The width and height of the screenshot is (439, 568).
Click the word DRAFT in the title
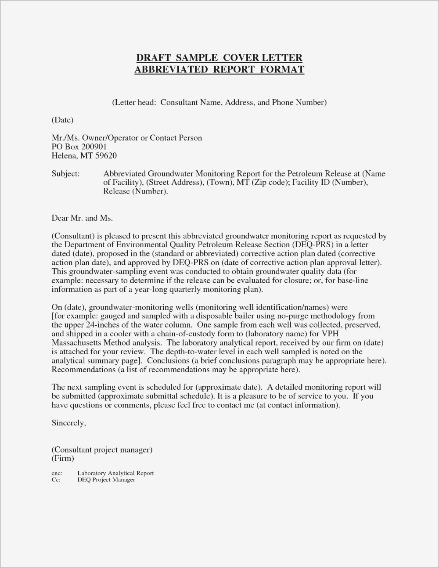[153, 58]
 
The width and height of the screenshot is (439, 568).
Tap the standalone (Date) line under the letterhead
[62, 120]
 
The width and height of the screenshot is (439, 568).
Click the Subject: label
[66, 173]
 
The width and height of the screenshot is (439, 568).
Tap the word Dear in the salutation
[60, 218]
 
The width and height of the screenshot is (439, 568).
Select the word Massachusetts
[80, 343]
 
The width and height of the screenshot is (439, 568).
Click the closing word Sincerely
[68, 423]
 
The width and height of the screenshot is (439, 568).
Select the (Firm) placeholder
[63, 458]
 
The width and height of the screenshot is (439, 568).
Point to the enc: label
[57, 473]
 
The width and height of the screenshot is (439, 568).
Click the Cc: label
[56, 480]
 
